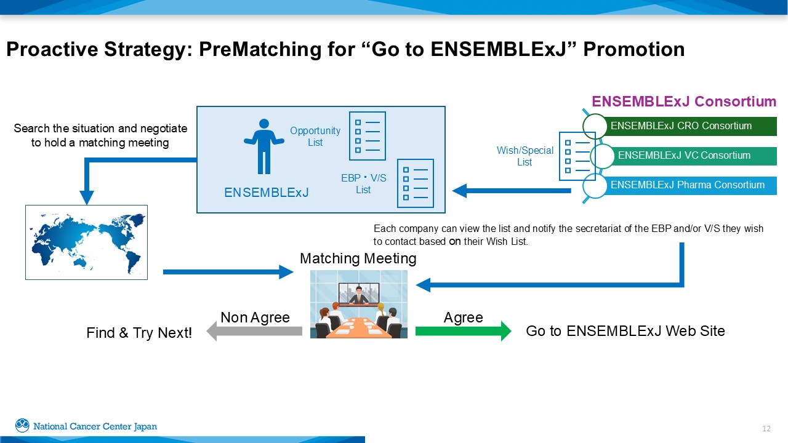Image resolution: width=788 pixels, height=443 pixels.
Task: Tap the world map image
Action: pos(86,242)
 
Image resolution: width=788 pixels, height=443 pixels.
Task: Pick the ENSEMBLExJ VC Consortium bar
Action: pos(693,156)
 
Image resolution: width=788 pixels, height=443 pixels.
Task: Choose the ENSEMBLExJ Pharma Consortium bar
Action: pos(689,185)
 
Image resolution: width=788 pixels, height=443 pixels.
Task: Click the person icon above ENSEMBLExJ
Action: pos(264,146)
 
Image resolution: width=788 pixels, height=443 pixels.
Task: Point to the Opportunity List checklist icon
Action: pos(367,135)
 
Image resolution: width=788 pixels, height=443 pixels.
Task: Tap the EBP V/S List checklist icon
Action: pos(415,183)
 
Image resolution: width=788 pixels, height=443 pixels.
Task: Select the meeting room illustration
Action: pos(358,304)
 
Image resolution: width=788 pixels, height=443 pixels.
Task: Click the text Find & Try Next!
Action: pos(139,333)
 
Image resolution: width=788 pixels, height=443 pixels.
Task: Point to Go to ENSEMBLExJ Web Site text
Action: pos(625,331)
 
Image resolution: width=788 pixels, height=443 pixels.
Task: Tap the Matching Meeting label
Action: pos(358,258)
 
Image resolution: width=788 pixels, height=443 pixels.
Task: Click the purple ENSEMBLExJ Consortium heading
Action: pos(683,102)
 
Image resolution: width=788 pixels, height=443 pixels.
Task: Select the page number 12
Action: pos(766,429)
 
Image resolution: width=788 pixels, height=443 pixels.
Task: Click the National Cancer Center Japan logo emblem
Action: pos(22,426)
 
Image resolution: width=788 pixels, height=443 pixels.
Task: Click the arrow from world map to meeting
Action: pos(228,272)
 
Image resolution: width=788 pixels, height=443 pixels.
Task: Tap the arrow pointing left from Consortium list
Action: pos(512,191)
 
